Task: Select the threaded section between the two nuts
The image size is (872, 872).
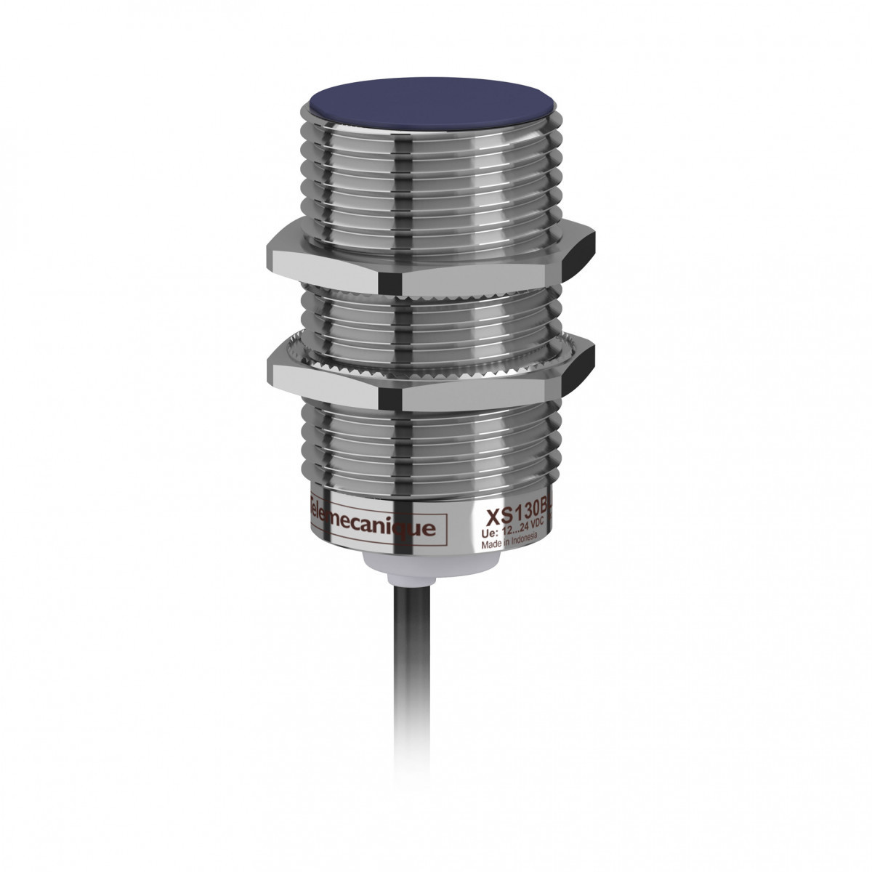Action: (429, 312)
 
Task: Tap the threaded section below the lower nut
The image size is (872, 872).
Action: (429, 443)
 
